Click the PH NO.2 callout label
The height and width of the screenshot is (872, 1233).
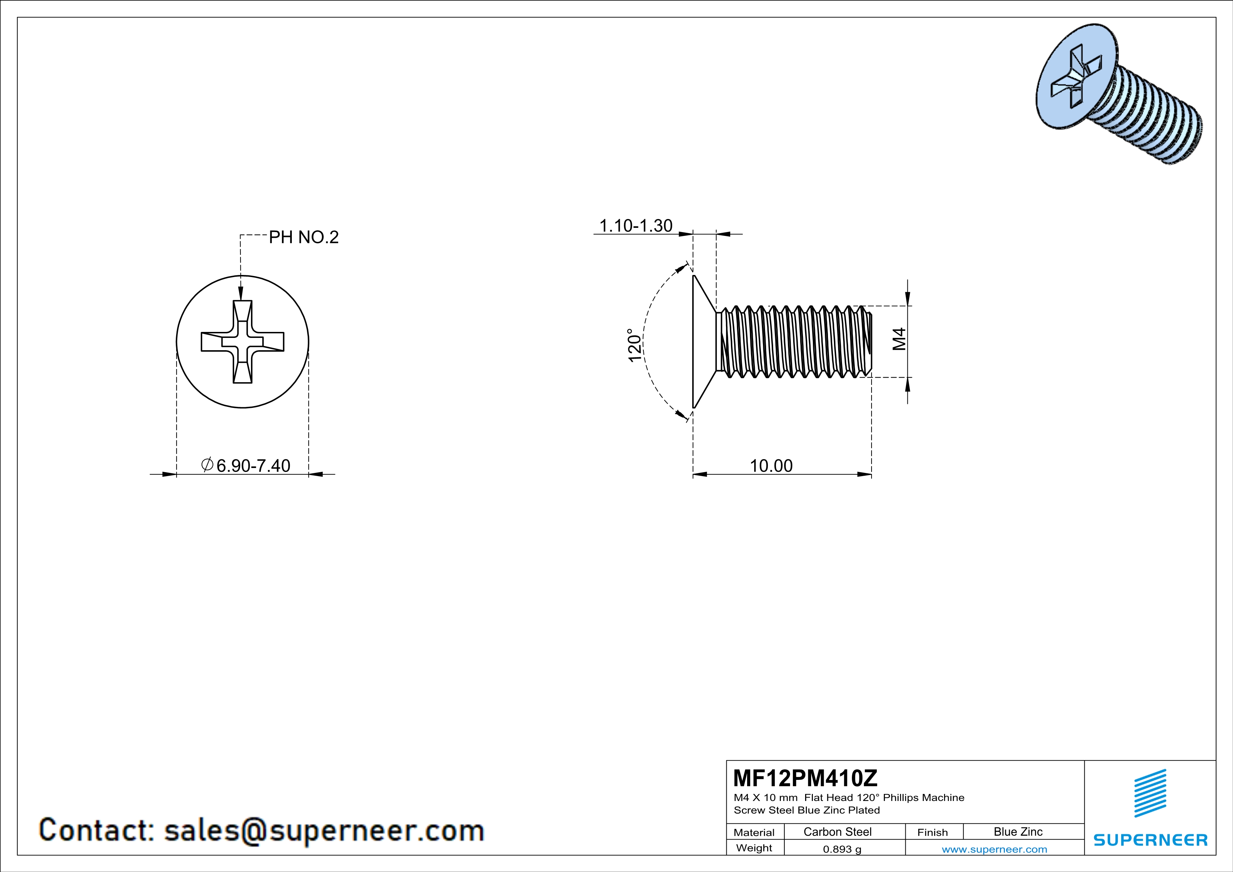[x=303, y=237]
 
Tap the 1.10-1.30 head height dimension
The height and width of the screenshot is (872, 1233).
[x=635, y=226]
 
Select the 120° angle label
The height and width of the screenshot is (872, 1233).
[x=635, y=346]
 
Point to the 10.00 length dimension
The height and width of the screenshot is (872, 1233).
[x=771, y=466]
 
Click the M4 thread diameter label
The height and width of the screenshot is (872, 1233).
[x=899, y=339]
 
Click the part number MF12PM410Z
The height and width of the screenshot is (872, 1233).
[x=805, y=777]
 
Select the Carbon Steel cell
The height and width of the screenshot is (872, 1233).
[x=837, y=832]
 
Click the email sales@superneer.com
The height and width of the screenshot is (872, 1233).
[x=324, y=830]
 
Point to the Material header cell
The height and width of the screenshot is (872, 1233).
[x=754, y=832]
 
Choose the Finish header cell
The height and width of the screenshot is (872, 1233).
[x=932, y=832]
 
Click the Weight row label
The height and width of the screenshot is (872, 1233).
[x=754, y=848]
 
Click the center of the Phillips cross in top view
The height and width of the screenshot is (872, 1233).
[x=242, y=341]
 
